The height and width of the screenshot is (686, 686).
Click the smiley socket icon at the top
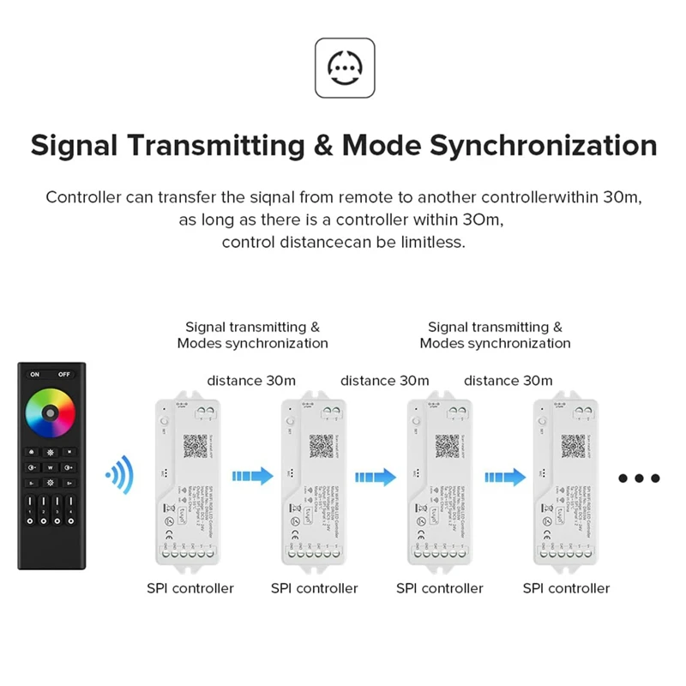[345, 68]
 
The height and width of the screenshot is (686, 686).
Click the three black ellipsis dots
[638, 478]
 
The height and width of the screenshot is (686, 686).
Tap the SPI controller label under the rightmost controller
[567, 588]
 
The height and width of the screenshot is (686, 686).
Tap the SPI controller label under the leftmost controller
[190, 588]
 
